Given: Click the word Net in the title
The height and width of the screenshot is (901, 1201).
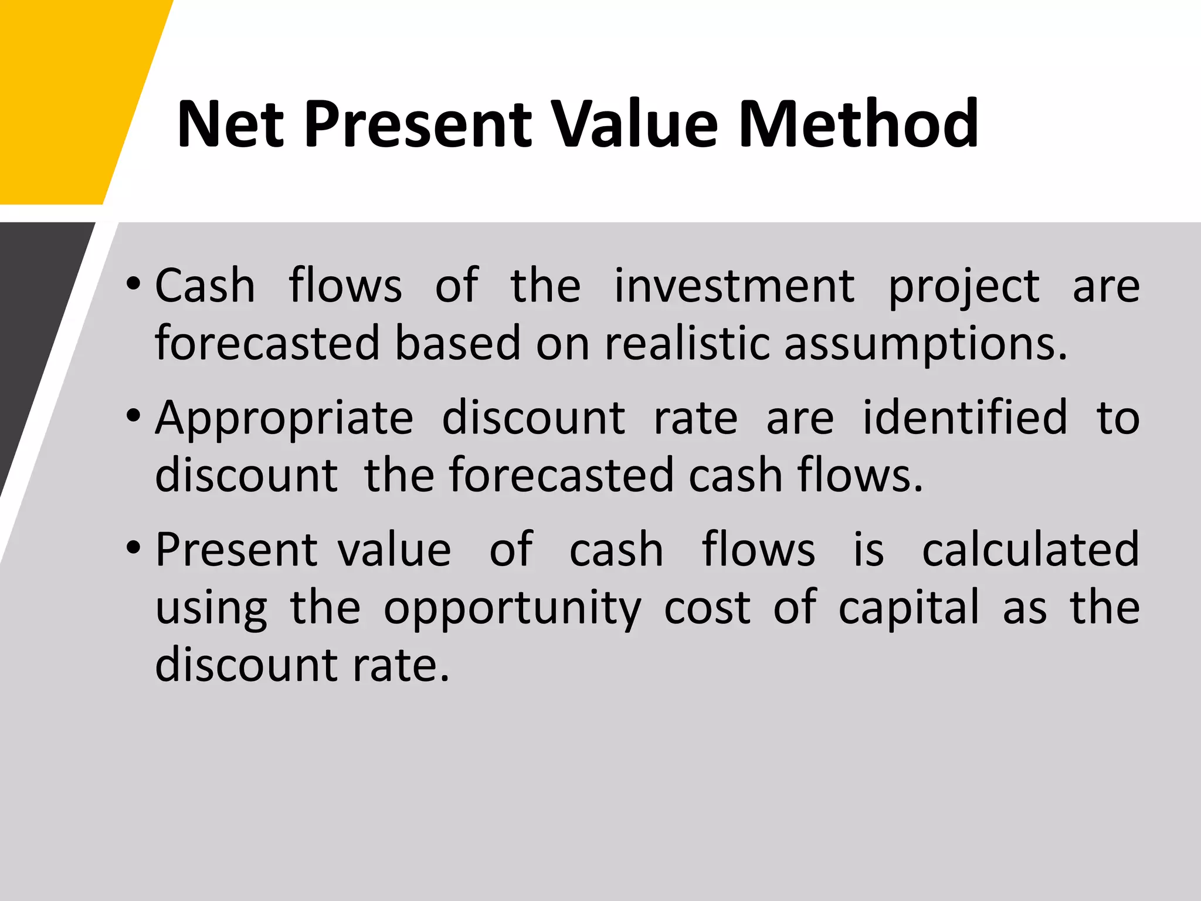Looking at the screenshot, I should click(x=230, y=124).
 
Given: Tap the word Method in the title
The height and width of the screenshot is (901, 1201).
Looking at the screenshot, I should click(x=859, y=124).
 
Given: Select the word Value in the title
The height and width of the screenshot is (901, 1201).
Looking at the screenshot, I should click(x=636, y=124).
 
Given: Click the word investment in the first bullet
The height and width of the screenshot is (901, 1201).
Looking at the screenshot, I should click(x=734, y=286).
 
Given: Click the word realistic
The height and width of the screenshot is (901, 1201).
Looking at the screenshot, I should click(x=687, y=343).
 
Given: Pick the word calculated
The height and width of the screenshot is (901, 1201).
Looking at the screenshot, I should click(x=1030, y=549).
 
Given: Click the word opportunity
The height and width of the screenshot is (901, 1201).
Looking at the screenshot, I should click(x=513, y=609).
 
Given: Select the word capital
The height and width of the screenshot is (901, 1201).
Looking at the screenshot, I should click(x=909, y=608).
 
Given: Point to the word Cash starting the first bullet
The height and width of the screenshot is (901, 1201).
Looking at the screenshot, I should click(x=205, y=286).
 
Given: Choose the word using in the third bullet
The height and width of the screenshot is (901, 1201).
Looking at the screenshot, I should click(x=212, y=609).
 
